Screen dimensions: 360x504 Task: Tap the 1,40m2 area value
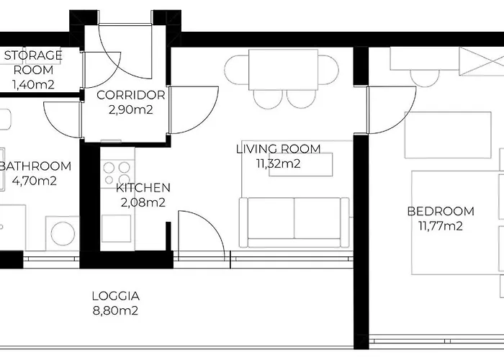[33, 84]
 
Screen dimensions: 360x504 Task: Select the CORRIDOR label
[130, 95]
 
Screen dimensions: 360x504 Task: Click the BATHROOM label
[35, 166]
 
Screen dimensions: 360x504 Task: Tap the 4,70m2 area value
[35, 181]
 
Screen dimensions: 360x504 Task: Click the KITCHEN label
[143, 188]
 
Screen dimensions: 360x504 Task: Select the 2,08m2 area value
[143, 202]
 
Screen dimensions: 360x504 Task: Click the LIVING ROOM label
[278, 149]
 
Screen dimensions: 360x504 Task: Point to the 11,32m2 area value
[278, 163]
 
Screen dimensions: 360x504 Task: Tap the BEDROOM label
[441, 211]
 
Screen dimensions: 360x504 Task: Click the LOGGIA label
[115, 296]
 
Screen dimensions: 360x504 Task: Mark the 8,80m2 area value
[115, 311]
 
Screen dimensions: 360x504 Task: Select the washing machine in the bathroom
[63, 233]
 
